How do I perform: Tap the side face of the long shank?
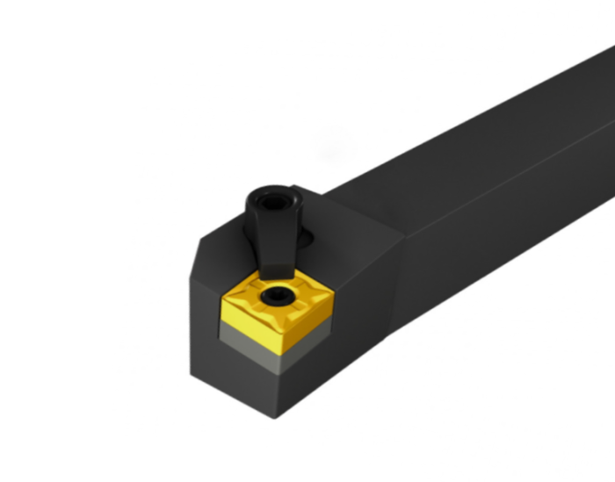(492, 228)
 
